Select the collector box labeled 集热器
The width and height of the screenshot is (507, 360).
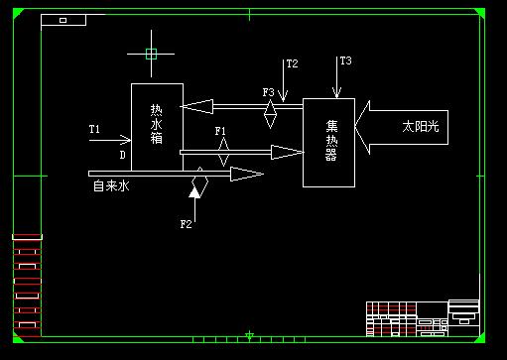tap(328, 142)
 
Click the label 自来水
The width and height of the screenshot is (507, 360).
tap(111, 185)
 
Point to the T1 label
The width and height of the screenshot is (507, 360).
tap(95, 129)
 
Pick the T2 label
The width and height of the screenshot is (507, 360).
tap(292, 64)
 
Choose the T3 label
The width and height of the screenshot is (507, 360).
tap(345, 61)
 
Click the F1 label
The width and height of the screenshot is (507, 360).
tap(221, 131)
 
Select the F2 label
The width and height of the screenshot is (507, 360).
tap(186, 224)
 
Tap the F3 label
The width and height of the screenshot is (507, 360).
tap(268, 92)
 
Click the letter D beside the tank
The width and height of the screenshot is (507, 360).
tap(123, 155)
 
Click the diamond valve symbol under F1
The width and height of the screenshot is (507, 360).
tap(224, 152)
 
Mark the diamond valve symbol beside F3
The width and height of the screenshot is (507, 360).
tap(269, 112)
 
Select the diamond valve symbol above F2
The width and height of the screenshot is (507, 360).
tap(198, 181)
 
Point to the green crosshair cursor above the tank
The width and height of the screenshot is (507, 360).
tap(151, 54)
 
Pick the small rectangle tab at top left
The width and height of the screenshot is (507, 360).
tap(63, 20)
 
